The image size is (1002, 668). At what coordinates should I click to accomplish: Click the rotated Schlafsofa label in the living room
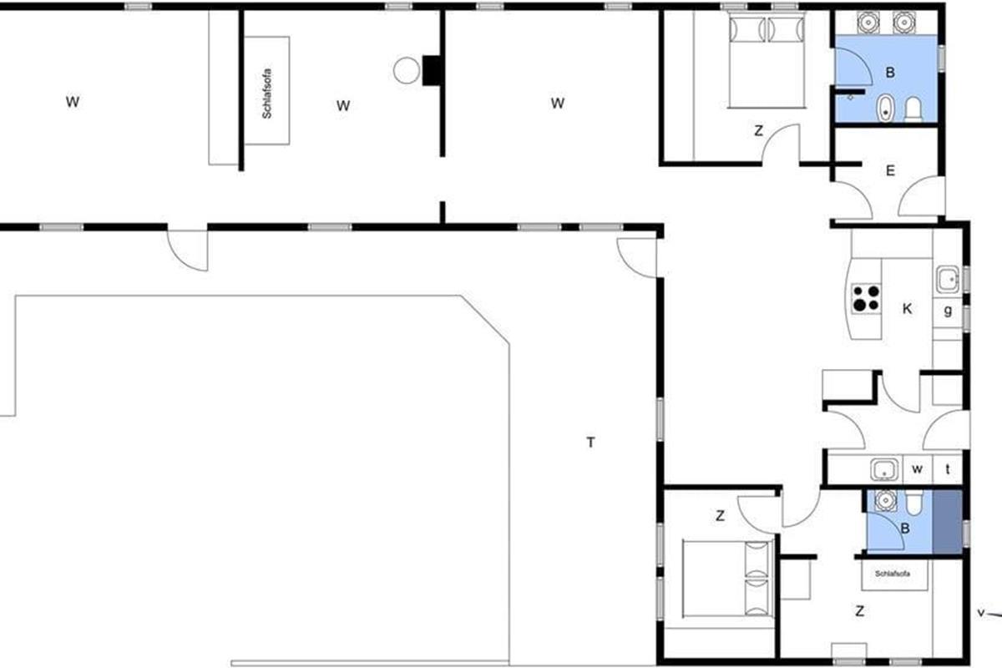tap(267, 94)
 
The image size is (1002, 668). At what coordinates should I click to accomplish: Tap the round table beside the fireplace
tap(407, 71)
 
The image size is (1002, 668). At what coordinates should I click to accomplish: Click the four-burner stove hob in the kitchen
tap(866, 298)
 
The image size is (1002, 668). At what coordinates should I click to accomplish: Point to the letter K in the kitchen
tap(907, 309)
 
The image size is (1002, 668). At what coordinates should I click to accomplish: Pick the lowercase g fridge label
tap(948, 310)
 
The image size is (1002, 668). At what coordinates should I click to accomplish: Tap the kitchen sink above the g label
tap(948, 279)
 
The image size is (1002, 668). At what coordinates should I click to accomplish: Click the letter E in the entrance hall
tap(890, 170)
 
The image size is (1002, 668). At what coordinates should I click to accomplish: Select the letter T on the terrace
tap(591, 443)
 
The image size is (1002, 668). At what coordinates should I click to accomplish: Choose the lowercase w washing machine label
tap(917, 469)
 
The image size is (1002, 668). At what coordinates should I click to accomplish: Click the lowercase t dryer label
tap(948, 469)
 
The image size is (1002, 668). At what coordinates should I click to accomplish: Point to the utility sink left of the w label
tap(884, 470)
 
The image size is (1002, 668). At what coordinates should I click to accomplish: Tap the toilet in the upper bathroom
tap(913, 109)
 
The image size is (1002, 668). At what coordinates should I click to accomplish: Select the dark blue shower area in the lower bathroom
tap(948, 522)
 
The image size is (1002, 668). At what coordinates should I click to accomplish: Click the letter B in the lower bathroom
tap(905, 529)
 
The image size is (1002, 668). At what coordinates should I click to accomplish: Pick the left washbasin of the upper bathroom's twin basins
tap(868, 23)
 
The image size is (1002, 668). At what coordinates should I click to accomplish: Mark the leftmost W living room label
tap(73, 102)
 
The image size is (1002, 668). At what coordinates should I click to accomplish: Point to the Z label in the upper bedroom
tap(759, 130)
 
